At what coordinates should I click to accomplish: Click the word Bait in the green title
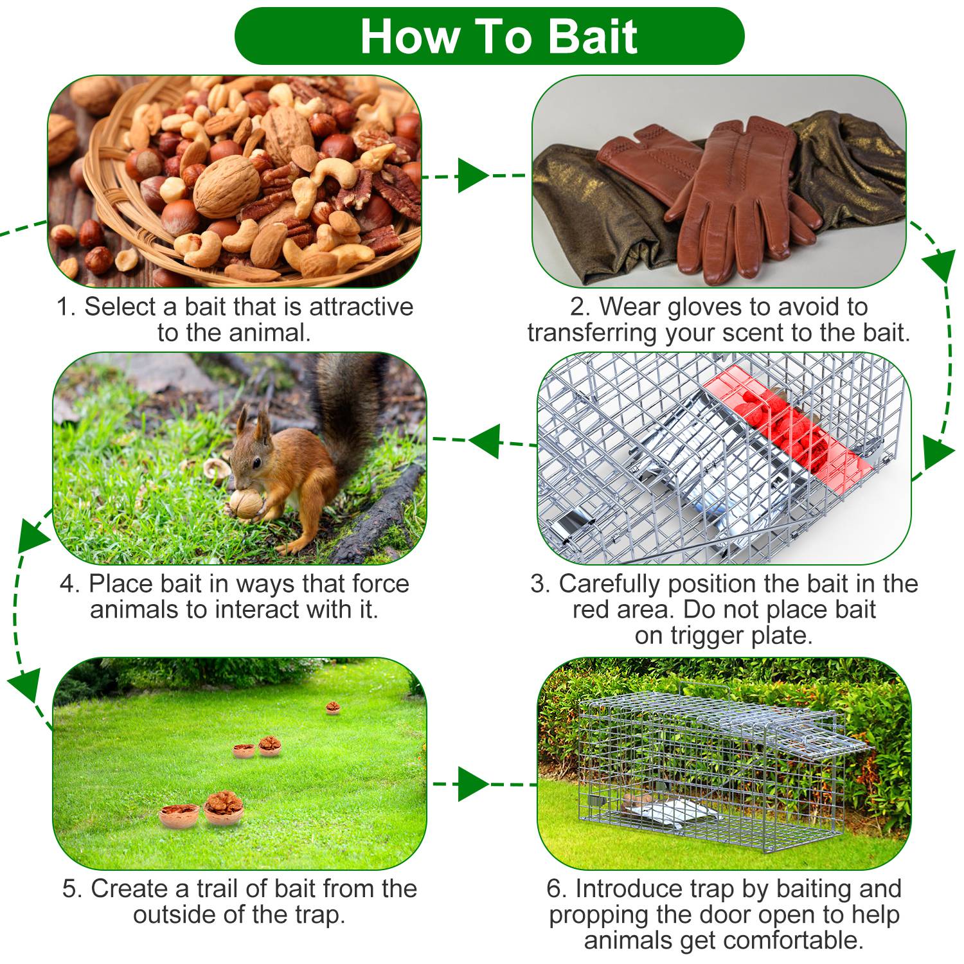click(x=593, y=36)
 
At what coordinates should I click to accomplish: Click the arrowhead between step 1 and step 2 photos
click(x=473, y=175)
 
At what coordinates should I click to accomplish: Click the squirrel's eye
click(x=256, y=462)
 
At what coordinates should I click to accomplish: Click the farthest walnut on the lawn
click(x=333, y=708)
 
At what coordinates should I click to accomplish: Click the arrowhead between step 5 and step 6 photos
click(x=473, y=784)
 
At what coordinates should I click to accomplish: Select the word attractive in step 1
click(x=361, y=307)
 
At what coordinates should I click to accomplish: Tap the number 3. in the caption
click(x=541, y=584)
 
